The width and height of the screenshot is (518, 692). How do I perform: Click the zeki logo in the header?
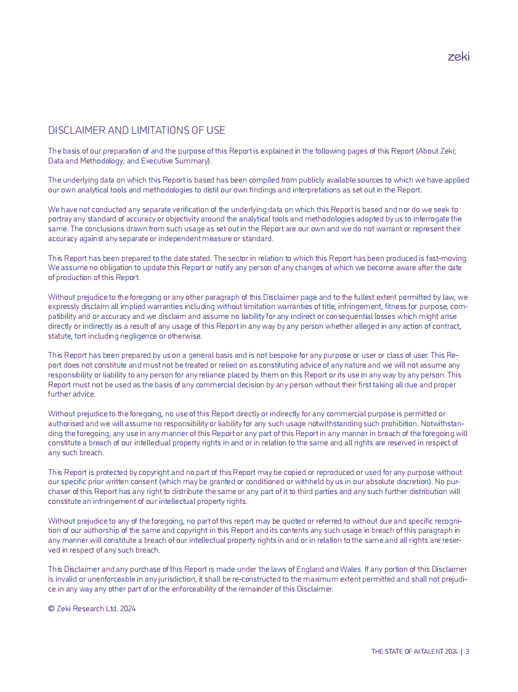[458, 56]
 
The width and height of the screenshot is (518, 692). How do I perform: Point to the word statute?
[59, 336]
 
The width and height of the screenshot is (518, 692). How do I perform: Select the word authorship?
[108, 530]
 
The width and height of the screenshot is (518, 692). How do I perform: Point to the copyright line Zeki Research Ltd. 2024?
[92, 608]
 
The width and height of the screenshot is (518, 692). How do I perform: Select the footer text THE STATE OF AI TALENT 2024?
[414, 651]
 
